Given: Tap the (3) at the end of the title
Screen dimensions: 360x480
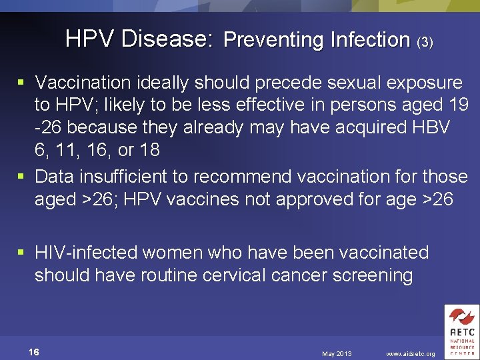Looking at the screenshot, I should click(x=425, y=42).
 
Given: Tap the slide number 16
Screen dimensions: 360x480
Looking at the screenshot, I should click(x=33, y=352).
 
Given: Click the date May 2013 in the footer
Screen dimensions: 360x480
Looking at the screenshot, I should click(x=337, y=353).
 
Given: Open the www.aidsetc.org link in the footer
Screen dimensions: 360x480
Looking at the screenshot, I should click(x=411, y=353).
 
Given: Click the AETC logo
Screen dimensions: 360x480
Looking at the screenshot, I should click(x=461, y=331).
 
